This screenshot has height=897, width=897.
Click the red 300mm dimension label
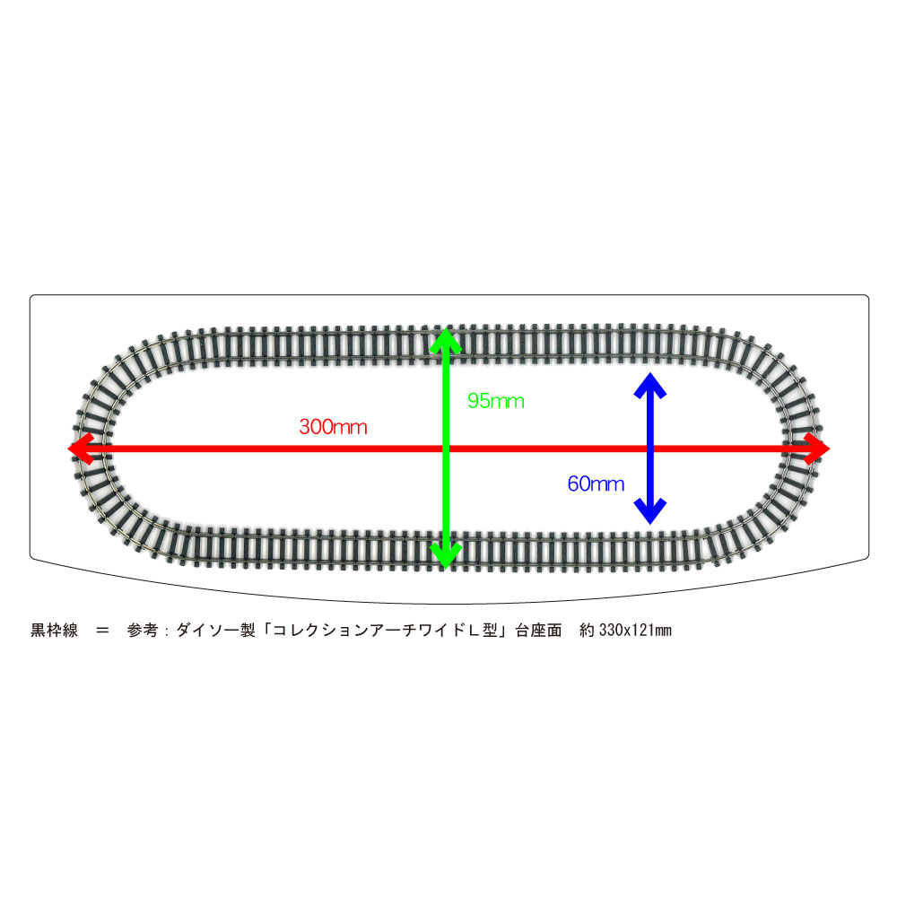333,427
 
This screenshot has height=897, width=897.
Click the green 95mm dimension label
496,401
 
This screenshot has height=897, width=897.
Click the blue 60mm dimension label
596,484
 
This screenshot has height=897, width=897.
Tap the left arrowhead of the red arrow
81,448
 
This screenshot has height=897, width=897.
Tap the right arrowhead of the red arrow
816,448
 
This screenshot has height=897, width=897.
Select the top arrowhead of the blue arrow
649,386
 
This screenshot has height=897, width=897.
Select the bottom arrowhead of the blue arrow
649,511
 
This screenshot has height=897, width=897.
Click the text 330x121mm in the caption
635,631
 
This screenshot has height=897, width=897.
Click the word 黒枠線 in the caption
54,631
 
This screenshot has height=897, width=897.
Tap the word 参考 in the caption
143,631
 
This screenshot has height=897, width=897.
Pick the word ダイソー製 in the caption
215,631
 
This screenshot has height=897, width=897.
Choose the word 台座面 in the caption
538,631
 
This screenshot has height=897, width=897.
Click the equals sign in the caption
102,631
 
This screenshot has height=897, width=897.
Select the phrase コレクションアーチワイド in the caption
369,631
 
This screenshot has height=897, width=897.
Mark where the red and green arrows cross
446,448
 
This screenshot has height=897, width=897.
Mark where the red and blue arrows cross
649,448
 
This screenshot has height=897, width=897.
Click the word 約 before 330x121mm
587,631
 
